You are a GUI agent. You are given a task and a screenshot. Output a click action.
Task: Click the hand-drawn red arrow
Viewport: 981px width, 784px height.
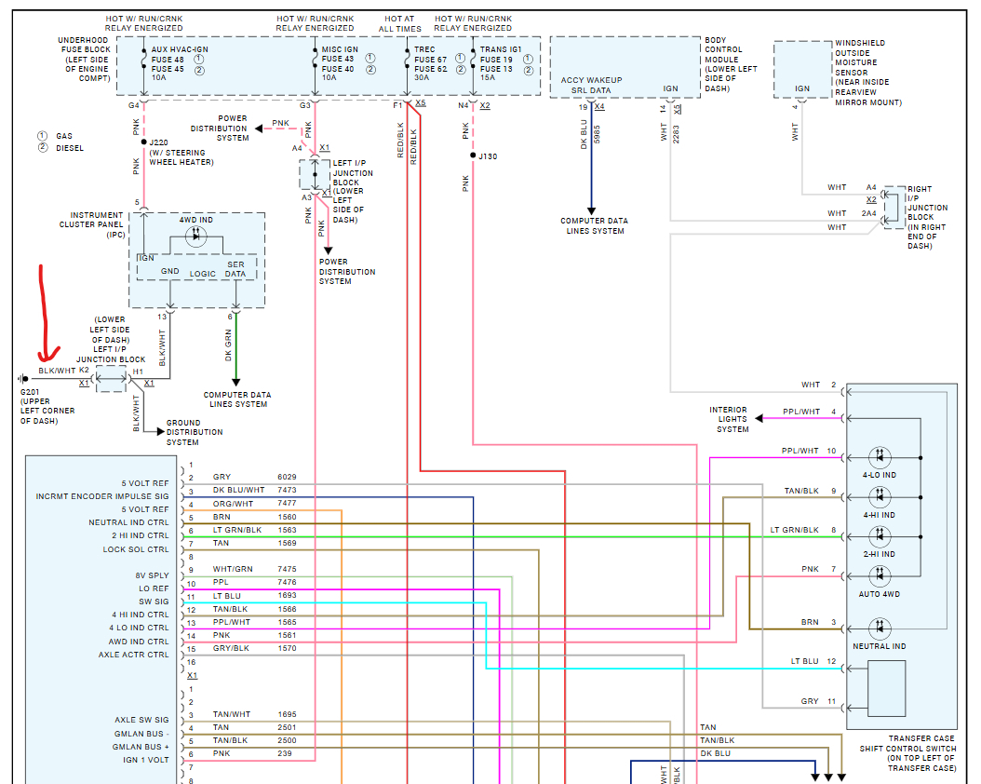coord(44,313)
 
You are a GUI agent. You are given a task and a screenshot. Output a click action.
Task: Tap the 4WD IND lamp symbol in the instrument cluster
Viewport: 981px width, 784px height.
coord(195,236)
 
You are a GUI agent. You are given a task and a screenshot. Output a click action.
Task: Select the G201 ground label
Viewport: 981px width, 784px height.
coord(30,392)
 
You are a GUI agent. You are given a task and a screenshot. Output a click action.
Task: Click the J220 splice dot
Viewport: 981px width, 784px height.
coord(144,142)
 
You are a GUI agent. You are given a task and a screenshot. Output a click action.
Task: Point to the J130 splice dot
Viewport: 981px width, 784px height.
coord(473,155)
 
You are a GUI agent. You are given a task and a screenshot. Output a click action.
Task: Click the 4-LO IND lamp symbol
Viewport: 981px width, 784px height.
coord(880,457)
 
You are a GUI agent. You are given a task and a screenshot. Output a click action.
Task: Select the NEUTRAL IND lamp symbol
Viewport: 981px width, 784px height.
coord(880,629)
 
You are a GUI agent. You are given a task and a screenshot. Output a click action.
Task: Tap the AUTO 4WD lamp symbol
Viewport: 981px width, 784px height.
coord(880,575)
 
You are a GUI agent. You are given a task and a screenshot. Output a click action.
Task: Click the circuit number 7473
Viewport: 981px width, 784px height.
coord(288,490)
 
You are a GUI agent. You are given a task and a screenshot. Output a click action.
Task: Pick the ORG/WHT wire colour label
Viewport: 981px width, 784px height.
coord(233,504)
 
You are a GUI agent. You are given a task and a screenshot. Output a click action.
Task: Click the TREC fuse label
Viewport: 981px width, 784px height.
coord(424,49)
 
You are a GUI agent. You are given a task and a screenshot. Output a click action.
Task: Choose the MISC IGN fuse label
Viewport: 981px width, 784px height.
coord(340,49)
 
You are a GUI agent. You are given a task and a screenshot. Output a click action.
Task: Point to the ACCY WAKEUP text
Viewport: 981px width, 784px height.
coord(591,80)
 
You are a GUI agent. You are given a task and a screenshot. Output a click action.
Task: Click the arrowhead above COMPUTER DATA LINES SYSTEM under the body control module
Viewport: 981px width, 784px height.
coord(591,211)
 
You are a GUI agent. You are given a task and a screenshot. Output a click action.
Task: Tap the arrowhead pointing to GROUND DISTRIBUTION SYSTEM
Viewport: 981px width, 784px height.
coord(160,432)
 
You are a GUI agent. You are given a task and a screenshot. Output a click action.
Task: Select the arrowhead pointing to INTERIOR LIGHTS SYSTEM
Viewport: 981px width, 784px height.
coord(759,418)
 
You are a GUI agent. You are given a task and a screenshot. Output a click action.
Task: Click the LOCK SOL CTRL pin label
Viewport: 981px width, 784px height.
coord(136,549)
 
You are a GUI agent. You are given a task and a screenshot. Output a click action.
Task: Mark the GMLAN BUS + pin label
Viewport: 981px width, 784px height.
coord(141,747)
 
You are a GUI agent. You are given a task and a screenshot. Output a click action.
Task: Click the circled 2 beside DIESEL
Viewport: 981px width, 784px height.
coord(43,148)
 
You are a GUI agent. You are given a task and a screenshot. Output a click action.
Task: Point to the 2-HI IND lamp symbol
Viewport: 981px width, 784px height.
coord(880,536)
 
